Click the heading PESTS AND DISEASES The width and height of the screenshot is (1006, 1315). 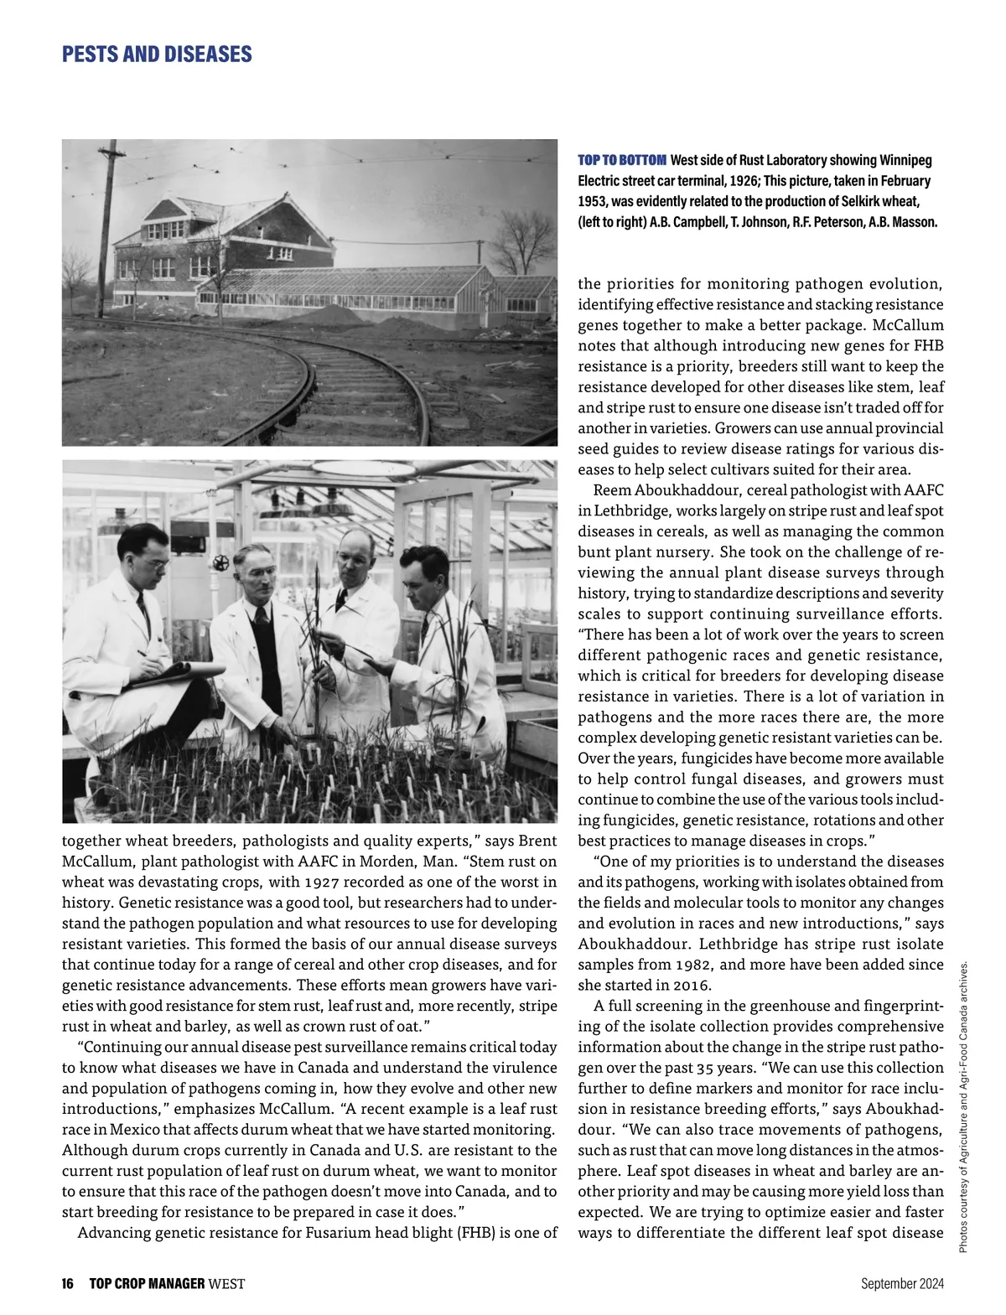(x=157, y=55)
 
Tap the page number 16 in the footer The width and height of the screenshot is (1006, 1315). (x=68, y=1283)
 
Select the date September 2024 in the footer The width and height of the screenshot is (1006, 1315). (x=902, y=1283)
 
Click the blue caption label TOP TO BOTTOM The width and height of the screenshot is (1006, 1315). (x=622, y=160)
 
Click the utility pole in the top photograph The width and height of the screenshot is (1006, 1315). (x=108, y=226)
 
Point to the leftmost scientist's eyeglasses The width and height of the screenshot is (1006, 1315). (x=151, y=562)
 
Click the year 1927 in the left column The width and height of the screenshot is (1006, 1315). (x=323, y=883)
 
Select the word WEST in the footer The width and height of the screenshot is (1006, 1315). (x=226, y=1283)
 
